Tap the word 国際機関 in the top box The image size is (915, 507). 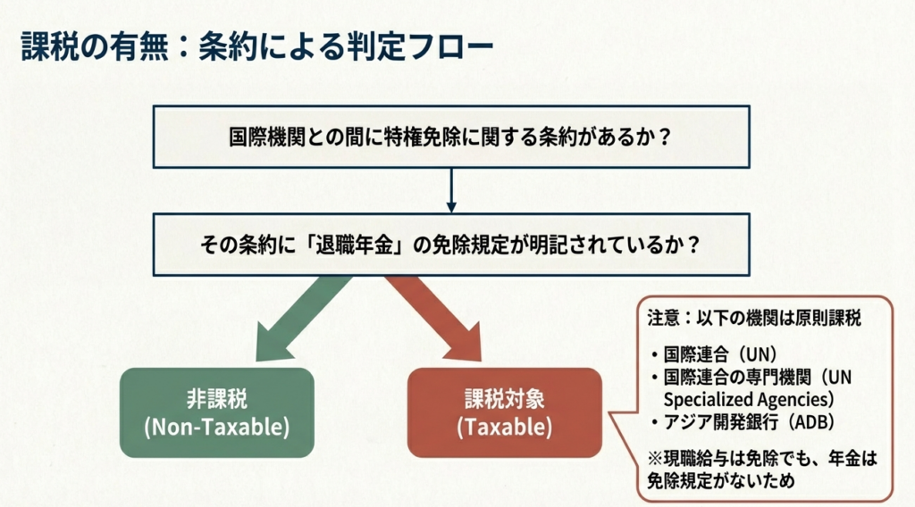click(261, 139)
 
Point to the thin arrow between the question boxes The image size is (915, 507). click(450, 188)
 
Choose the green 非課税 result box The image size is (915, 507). click(217, 412)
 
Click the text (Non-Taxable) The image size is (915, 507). click(217, 427)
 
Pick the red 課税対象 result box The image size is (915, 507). click(505, 412)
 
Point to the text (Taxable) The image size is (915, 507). click(505, 427)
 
